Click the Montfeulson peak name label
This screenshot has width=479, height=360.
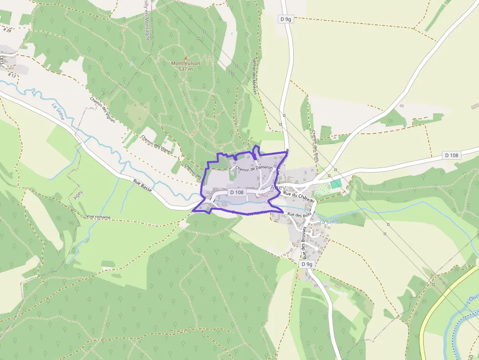point(185,64)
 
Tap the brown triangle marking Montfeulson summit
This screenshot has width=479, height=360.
point(185,58)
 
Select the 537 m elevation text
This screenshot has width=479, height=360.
point(185,69)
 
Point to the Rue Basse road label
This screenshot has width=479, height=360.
point(143,186)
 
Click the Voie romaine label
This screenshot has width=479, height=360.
point(98,216)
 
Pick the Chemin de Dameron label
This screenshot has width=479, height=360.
point(254,168)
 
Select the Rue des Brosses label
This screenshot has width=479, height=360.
point(304,243)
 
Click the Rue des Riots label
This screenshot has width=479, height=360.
point(300,214)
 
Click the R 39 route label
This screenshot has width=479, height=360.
point(7,30)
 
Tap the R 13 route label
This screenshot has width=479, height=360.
point(12,76)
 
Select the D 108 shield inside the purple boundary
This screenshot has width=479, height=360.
point(237,192)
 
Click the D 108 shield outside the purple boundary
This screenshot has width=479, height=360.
point(452,155)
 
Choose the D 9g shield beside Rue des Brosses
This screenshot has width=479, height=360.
point(306,264)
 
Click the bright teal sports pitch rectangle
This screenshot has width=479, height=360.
point(336,184)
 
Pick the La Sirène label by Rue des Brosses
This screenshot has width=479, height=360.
point(329,221)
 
